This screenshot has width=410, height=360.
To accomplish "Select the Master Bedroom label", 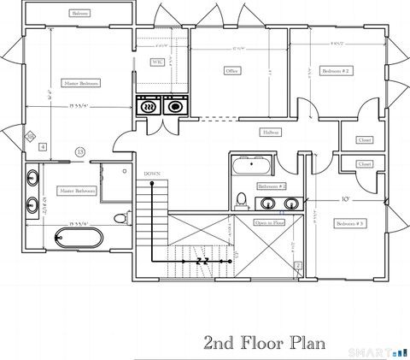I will (x=81, y=83).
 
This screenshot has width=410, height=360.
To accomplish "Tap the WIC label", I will (x=157, y=62).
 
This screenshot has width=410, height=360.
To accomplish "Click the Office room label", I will (x=231, y=70).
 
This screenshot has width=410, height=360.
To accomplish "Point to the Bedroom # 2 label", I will (x=336, y=70).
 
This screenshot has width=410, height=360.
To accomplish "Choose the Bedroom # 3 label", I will (x=349, y=223).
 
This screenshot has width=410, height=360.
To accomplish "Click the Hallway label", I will (x=271, y=133).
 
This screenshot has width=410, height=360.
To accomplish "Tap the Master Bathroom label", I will (x=76, y=191).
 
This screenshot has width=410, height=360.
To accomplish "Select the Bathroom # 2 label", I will (x=271, y=186).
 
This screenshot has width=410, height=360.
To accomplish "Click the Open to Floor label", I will (x=270, y=222).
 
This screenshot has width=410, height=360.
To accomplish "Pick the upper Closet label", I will (x=365, y=139).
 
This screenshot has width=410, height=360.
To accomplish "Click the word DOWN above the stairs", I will (x=152, y=174).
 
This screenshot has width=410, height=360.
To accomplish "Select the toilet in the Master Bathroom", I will (x=120, y=219).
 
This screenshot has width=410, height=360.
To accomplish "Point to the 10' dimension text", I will (x=346, y=199).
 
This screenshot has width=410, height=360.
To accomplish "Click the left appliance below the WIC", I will (x=150, y=107).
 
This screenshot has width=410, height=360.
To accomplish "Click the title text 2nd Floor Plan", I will (x=265, y=343).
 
